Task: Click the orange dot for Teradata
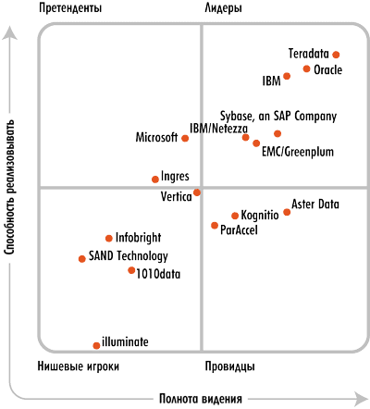(x=336, y=55)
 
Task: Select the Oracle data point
(x=306, y=68)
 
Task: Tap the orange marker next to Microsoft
(x=185, y=138)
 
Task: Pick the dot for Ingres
(x=155, y=180)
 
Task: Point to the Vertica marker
(x=197, y=192)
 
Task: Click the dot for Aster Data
(x=287, y=212)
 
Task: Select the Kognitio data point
(x=235, y=216)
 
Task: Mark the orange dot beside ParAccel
(x=215, y=226)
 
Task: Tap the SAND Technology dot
(x=82, y=259)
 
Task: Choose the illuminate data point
(x=96, y=346)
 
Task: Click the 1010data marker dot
(x=131, y=270)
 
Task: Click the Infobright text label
(x=138, y=238)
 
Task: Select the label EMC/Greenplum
(x=298, y=152)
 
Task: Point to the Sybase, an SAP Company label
(x=278, y=117)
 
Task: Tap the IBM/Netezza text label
(x=218, y=129)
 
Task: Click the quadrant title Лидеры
(x=224, y=8)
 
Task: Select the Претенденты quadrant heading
(x=70, y=8)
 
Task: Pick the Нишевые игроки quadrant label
(x=79, y=366)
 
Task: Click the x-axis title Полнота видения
(x=201, y=399)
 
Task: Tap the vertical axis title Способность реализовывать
(x=9, y=187)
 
